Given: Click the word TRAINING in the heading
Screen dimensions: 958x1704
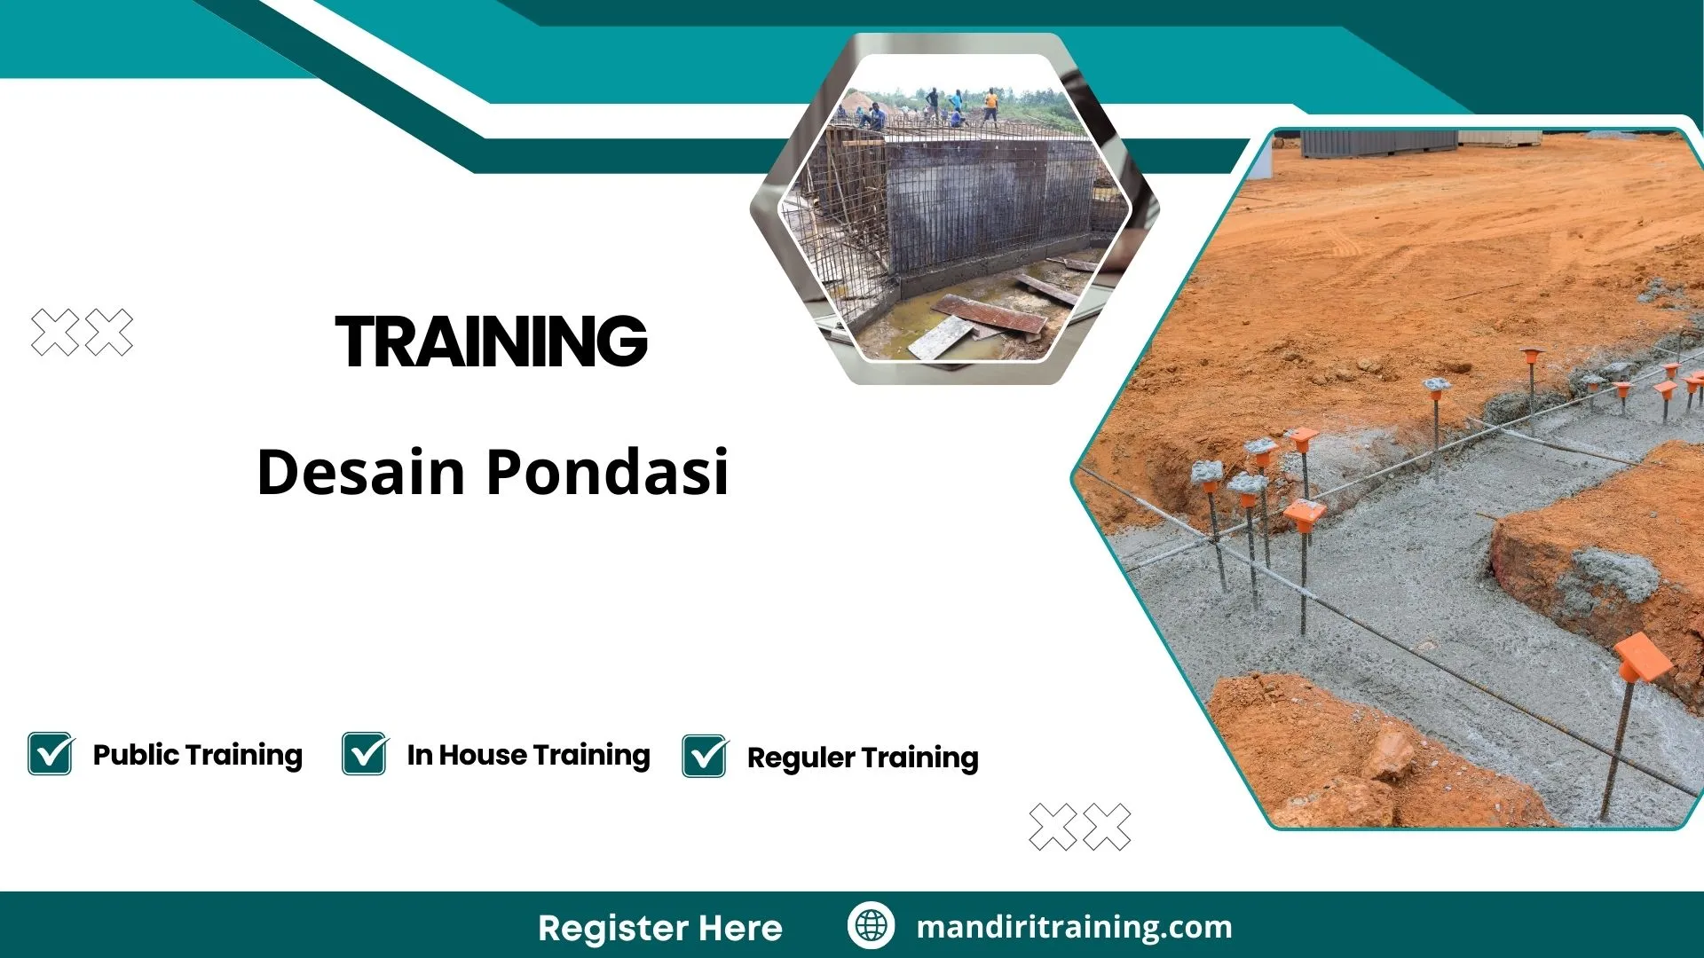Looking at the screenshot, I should point(491,342).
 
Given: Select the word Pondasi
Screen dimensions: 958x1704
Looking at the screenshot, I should point(608,472).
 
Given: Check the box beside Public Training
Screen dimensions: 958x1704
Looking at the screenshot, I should point(50,754).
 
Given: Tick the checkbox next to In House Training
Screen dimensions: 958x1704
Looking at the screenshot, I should point(364,754).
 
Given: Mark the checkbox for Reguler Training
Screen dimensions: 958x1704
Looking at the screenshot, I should point(705,757).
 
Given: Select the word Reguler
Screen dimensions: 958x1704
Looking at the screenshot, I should point(801,758).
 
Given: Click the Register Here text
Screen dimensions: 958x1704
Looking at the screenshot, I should point(659,928).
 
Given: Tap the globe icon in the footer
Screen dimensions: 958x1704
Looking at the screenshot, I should point(871,925).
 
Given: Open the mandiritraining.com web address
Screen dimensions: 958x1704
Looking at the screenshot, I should point(1074,927).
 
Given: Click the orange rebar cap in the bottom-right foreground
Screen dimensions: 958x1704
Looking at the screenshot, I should point(1642,657).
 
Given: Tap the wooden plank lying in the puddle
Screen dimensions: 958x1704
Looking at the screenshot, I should point(990,315).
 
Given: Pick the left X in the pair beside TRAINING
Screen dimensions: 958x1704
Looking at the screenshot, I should point(55,333).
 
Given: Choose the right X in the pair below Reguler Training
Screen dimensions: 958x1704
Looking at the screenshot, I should point(1107,827).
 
